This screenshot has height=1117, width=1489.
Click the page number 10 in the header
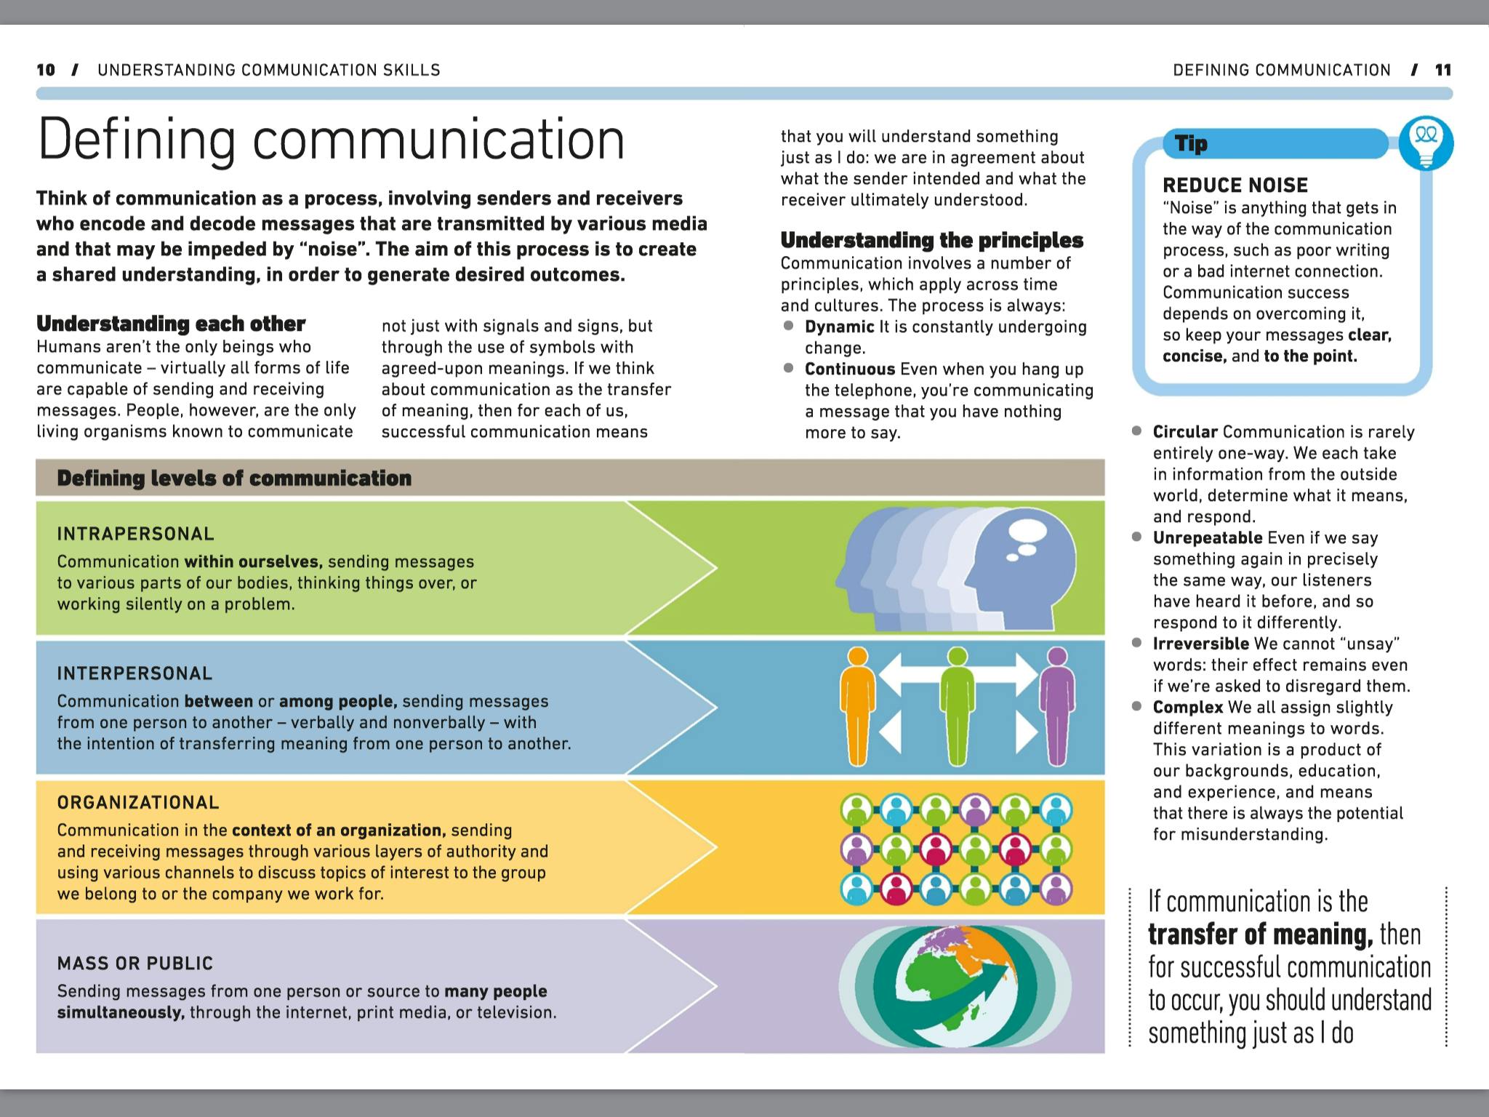46,70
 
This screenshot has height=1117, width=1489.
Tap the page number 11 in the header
1443,70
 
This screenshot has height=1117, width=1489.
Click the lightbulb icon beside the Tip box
1426,143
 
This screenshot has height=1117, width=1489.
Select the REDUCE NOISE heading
1235,185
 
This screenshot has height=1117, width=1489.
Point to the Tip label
1192,144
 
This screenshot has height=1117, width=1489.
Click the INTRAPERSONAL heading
135,534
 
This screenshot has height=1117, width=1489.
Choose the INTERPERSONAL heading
135,673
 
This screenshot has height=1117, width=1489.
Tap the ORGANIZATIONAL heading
138,802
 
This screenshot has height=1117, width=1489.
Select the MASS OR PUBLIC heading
135,964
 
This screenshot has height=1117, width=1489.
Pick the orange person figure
858,705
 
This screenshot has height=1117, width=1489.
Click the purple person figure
1057,705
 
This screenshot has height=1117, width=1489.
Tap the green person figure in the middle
958,705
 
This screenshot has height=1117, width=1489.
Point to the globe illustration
955,987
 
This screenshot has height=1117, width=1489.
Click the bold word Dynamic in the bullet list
839,327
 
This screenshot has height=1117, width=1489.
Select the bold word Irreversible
1200,644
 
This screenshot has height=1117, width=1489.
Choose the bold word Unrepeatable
1207,538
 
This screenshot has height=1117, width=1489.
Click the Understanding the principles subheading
931,240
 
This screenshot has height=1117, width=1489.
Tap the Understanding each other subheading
171,324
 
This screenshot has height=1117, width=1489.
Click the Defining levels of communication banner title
234,479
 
